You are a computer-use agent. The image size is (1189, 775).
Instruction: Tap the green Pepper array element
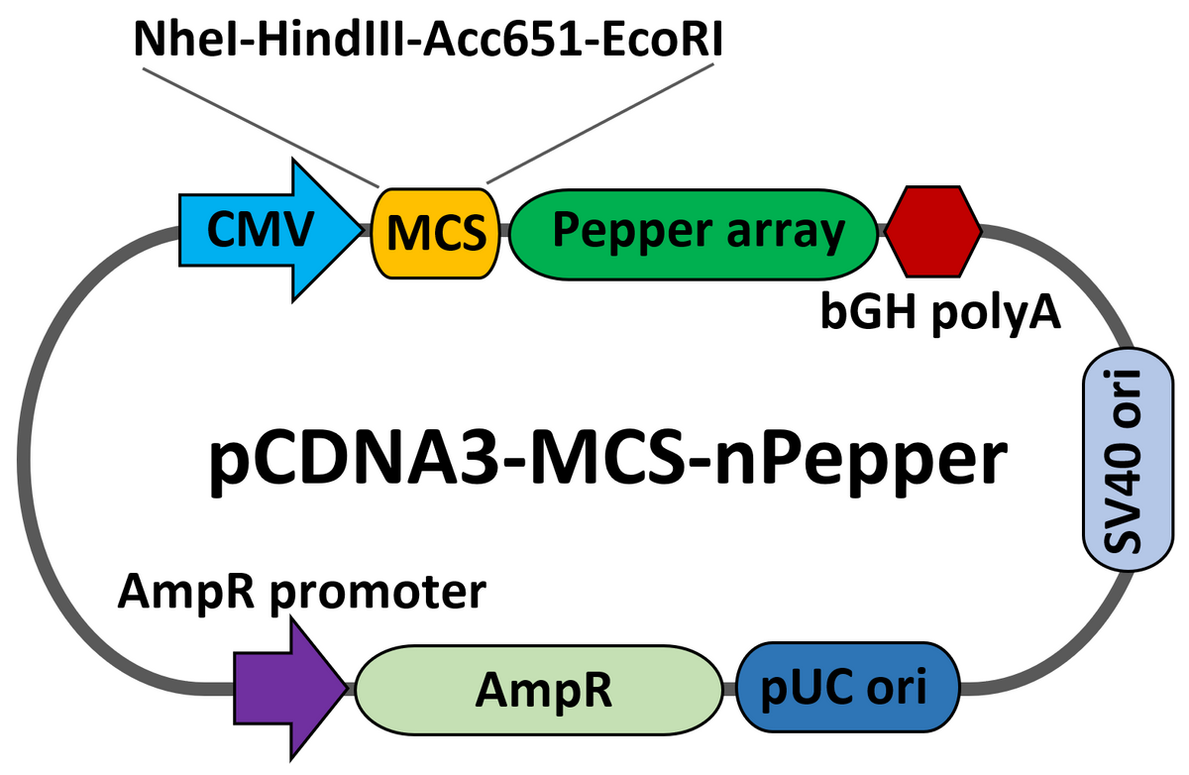point(694,231)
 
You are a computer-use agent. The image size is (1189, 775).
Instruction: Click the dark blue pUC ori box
point(850,687)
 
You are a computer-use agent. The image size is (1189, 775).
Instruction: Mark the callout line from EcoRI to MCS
point(601,125)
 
